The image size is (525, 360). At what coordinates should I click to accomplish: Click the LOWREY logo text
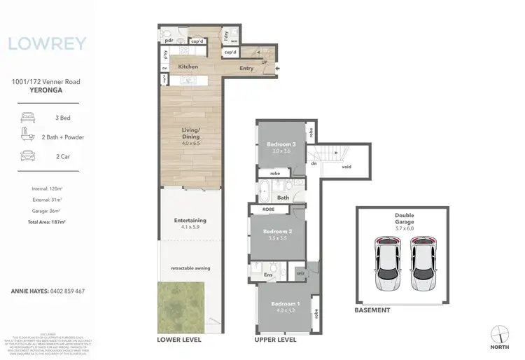[48, 44]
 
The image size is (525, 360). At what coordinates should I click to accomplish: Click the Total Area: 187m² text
[46, 222]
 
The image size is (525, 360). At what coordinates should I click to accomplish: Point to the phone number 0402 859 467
[66, 291]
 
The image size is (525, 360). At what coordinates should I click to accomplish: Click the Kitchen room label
[188, 67]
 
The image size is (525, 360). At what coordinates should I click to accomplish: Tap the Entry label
[246, 69]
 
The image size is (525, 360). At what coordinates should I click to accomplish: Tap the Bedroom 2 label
[277, 231]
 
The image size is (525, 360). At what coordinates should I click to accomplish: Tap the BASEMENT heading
[372, 310]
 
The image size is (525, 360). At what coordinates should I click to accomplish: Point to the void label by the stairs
[345, 167]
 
